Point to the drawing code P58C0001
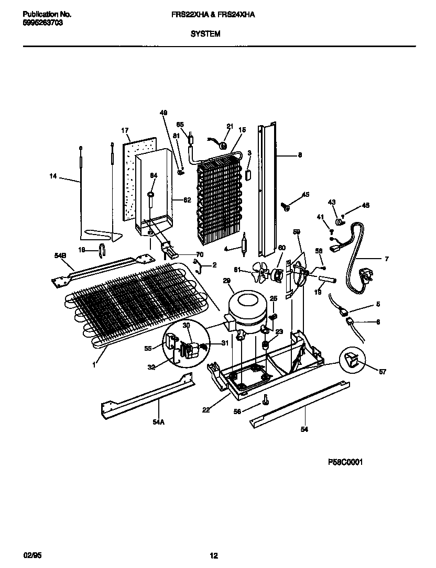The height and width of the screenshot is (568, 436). [x=345, y=462]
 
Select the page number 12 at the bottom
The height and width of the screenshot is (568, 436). [x=214, y=556]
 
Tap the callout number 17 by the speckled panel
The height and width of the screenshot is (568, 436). [x=125, y=130]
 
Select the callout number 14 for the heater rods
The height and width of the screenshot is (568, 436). [x=53, y=177]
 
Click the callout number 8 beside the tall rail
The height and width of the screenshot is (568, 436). [x=300, y=155]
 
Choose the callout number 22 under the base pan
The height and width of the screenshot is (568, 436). [x=206, y=410]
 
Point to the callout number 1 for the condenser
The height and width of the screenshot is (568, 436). [x=94, y=364]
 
